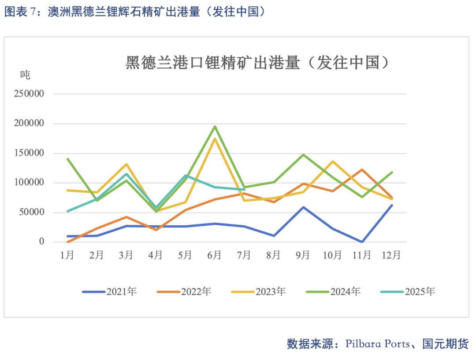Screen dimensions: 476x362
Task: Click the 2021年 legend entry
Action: (109, 291)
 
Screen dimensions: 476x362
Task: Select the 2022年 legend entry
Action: (184, 291)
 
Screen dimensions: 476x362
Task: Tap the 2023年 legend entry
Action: (259, 291)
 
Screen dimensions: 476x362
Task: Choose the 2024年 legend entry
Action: (333, 291)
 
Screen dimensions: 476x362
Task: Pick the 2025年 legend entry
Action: (408, 291)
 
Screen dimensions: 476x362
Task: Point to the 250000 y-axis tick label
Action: (29, 93)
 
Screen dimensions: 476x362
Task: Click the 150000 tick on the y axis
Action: (29, 153)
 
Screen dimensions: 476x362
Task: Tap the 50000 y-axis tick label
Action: (32, 212)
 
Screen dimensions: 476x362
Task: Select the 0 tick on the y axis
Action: (41, 242)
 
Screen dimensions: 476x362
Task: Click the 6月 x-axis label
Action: (214, 255)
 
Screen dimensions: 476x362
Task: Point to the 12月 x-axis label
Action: (391, 255)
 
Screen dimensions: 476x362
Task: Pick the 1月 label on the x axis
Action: (67, 255)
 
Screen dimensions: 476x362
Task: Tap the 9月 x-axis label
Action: (303, 255)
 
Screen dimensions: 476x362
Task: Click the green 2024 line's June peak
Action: (215, 127)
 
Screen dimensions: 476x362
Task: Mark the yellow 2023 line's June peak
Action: (215, 139)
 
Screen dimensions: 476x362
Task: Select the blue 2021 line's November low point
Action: (362, 242)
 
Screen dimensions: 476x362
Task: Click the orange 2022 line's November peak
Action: (362, 170)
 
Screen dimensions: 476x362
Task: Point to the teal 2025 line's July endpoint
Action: (244, 190)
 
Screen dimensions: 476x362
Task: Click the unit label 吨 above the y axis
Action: (25, 75)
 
